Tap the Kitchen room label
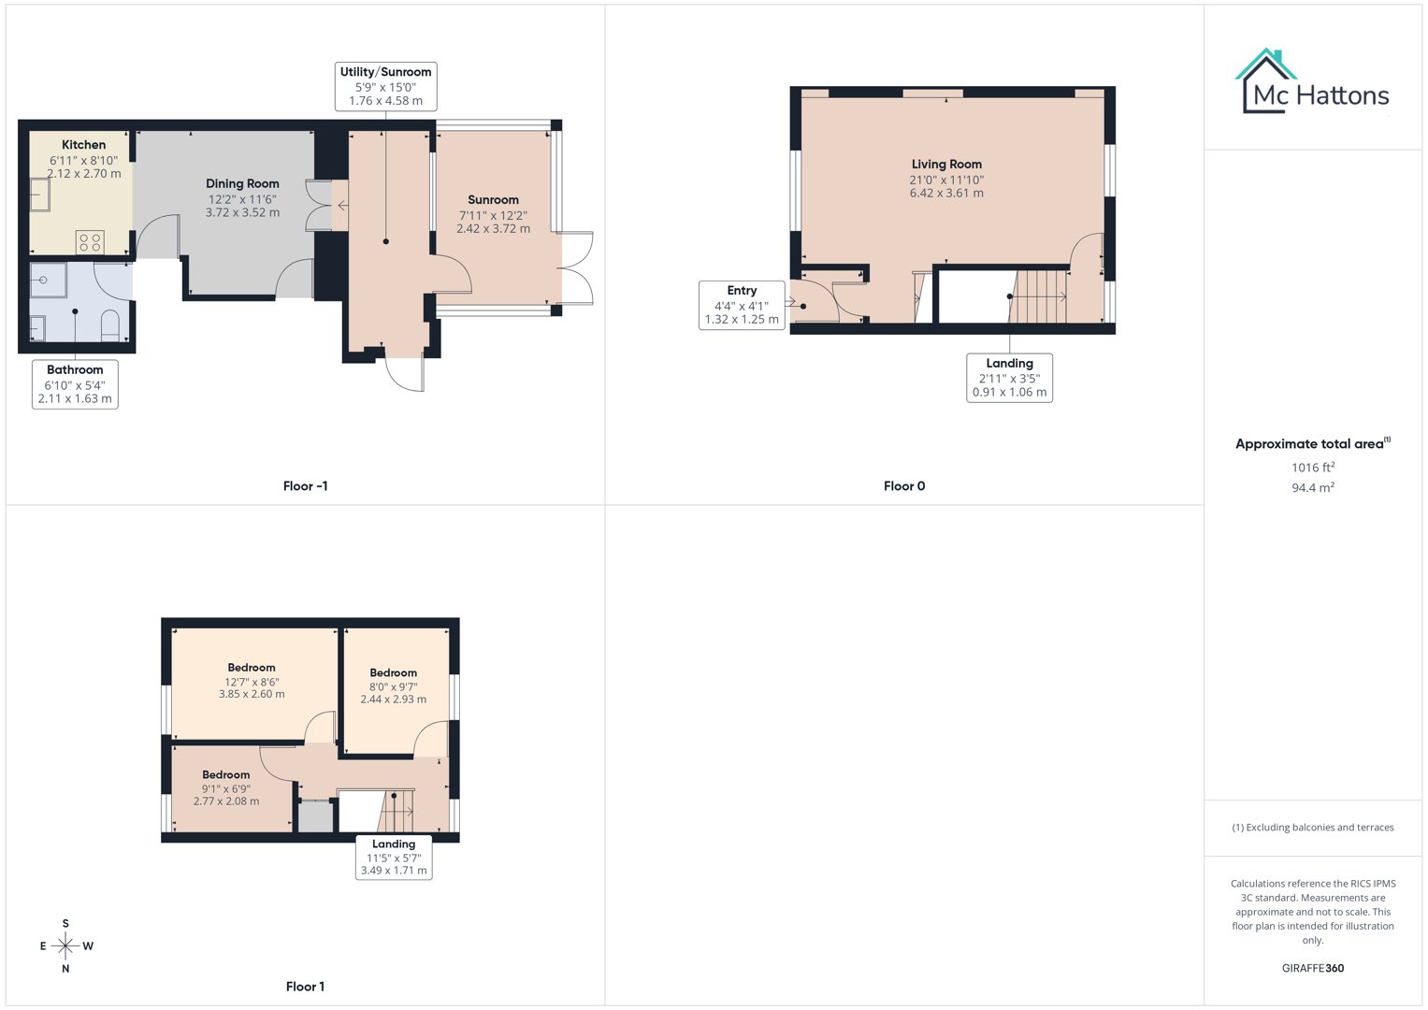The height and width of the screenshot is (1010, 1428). point(83,145)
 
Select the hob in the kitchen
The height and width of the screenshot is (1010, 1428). point(90,242)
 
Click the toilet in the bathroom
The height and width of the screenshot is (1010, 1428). point(109,325)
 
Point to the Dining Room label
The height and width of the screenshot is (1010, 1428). point(242,184)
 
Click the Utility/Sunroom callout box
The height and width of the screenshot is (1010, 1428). point(385,86)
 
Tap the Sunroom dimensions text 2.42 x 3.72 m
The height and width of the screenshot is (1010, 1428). point(493,229)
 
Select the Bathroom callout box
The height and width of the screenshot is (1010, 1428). point(75,384)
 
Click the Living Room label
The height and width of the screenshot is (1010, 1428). point(946,165)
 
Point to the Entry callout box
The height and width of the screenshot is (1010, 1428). point(742,305)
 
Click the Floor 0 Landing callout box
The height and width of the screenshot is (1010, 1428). point(1009,378)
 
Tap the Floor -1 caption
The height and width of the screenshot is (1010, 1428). point(305,486)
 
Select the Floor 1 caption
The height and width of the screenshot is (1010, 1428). point(305,987)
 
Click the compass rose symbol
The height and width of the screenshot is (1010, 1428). point(65,946)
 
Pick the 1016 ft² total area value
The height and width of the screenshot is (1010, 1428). point(1312,468)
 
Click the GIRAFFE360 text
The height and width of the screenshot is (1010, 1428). point(1312,969)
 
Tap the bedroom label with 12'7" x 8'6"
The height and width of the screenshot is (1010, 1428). point(252,668)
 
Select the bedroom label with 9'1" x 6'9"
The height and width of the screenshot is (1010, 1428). point(226,775)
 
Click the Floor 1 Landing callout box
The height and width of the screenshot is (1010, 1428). point(394,857)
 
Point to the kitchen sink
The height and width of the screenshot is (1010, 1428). point(39,195)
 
